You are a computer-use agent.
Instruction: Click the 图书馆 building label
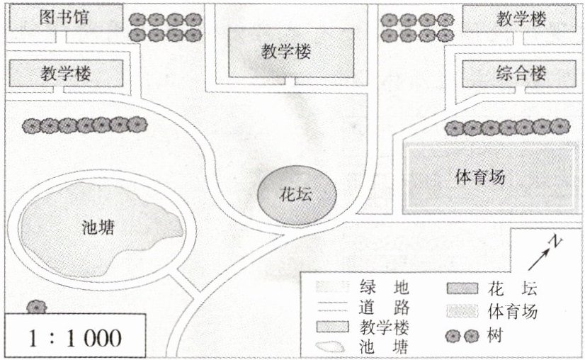click(64, 17)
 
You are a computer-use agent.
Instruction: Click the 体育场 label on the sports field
click(479, 176)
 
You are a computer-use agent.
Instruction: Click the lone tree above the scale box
click(36, 306)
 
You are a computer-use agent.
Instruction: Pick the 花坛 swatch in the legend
click(462, 289)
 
